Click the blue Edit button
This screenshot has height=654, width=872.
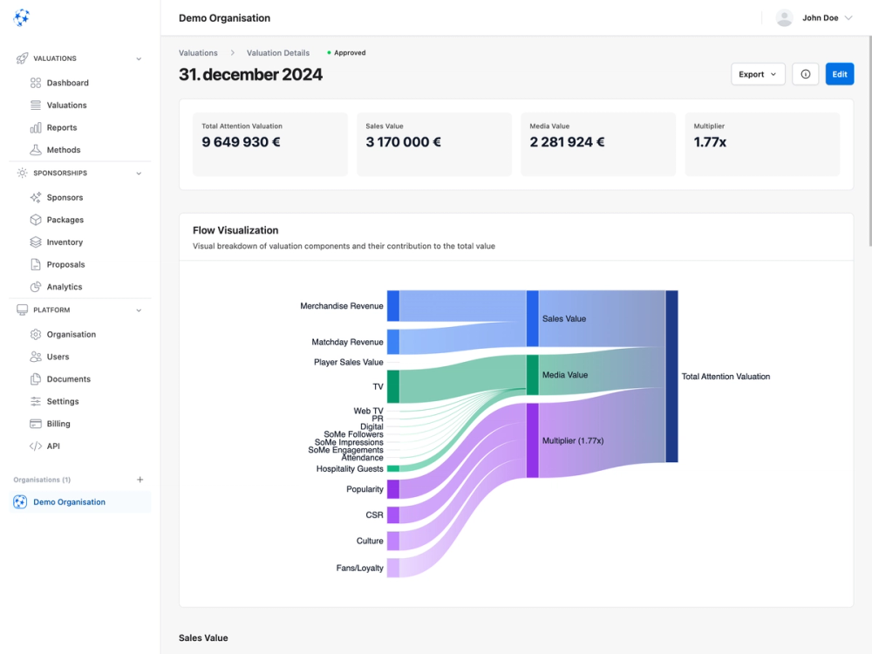pyautogui.click(x=839, y=74)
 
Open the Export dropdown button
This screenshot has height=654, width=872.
pyautogui.click(x=757, y=74)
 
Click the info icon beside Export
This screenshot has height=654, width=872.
pyautogui.click(x=805, y=74)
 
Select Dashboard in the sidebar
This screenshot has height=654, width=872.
pyautogui.click(x=67, y=83)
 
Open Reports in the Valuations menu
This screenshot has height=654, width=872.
pyautogui.click(x=62, y=127)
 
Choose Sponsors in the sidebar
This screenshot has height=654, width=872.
pyautogui.click(x=65, y=197)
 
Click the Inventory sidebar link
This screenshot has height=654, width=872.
pyautogui.click(x=65, y=242)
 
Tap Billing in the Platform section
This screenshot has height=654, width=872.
pyautogui.click(x=58, y=424)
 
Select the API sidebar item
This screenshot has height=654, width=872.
pyautogui.click(x=53, y=446)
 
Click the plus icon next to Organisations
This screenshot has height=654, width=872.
pyautogui.click(x=140, y=480)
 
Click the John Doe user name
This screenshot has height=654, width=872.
pyautogui.click(x=820, y=17)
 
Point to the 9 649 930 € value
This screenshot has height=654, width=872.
pyautogui.click(x=241, y=142)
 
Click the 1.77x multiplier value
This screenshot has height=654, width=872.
pyautogui.click(x=710, y=142)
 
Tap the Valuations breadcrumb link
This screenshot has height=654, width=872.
pyautogui.click(x=198, y=53)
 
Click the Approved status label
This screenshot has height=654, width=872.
pyautogui.click(x=350, y=53)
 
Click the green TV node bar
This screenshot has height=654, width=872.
pyautogui.click(x=392, y=386)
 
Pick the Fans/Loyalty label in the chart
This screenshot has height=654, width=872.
pyautogui.click(x=359, y=568)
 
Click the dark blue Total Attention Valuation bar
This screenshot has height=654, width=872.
pyautogui.click(x=671, y=376)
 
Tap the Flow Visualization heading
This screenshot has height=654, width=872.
pyautogui.click(x=235, y=230)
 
